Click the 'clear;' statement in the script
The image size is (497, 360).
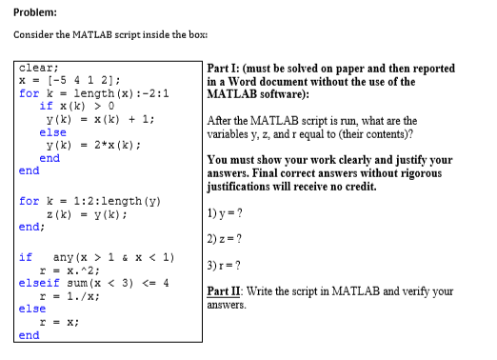(39, 69)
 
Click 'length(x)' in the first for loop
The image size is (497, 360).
(102, 93)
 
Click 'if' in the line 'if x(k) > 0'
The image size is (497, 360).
(45, 106)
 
